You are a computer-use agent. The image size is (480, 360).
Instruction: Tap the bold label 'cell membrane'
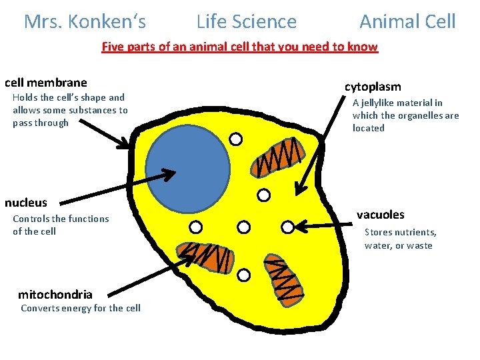(x=46, y=83)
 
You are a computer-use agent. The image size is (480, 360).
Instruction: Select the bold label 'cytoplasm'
(x=373, y=87)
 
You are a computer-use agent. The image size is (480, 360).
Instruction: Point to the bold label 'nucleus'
(x=26, y=203)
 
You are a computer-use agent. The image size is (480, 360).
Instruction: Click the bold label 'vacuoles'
(x=380, y=215)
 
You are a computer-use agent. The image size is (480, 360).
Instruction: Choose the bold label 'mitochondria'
(x=55, y=294)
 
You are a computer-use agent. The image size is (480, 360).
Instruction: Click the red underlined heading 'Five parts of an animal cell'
(x=239, y=47)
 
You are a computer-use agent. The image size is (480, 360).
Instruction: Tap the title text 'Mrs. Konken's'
(x=85, y=22)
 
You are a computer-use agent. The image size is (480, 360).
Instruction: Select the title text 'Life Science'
(x=247, y=22)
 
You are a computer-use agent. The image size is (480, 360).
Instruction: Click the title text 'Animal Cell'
(x=407, y=22)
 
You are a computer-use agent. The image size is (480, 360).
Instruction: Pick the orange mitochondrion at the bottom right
(x=283, y=277)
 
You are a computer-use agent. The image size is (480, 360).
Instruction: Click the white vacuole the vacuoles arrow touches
(x=287, y=227)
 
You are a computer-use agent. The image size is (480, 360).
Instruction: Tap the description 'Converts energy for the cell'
(x=81, y=308)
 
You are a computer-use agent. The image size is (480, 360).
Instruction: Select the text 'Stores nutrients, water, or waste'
(x=400, y=239)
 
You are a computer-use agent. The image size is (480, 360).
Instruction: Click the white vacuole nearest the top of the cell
(x=235, y=139)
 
